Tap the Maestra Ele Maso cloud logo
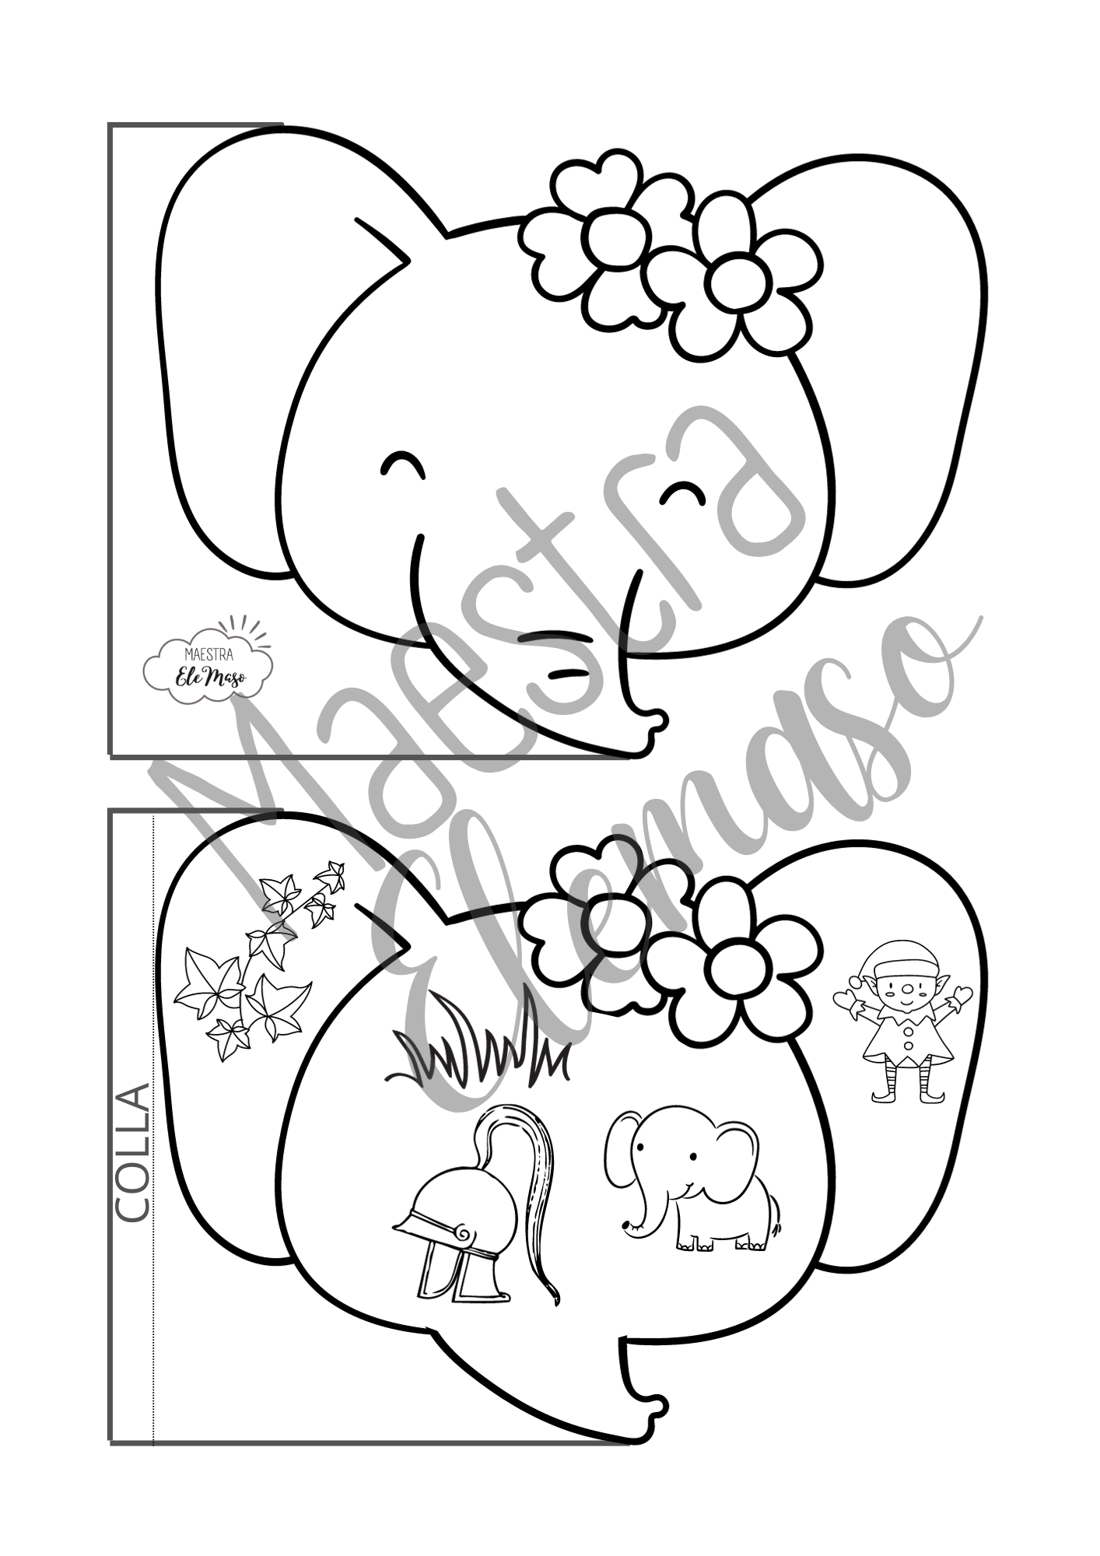click(208, 661)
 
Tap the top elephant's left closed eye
click(404, 464)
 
